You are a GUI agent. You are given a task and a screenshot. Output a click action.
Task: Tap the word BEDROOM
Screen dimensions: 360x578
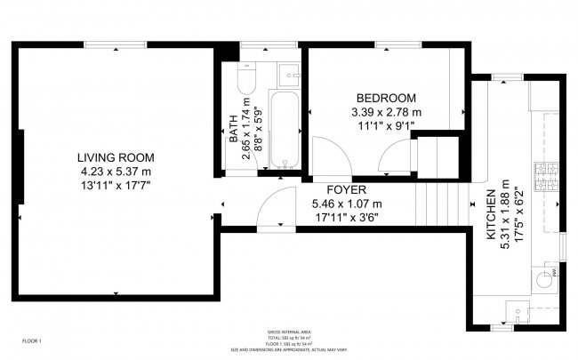click(x=386, y=98)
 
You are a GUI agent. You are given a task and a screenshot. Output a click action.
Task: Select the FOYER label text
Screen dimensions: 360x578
click(x=346, y=190)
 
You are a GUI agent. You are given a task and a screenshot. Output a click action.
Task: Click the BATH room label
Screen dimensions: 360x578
click(x=234, y=130)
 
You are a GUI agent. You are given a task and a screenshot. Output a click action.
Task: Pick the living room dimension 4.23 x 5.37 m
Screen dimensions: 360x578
click(x=115, y=171)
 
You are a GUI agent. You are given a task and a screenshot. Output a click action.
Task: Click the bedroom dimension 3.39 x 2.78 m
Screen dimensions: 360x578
click(x=386, y=112)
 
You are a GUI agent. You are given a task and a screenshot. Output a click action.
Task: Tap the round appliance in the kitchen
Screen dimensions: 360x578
click(x=542, y=278)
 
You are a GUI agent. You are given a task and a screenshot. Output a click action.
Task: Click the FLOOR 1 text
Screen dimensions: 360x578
click(x=32, y=341)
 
